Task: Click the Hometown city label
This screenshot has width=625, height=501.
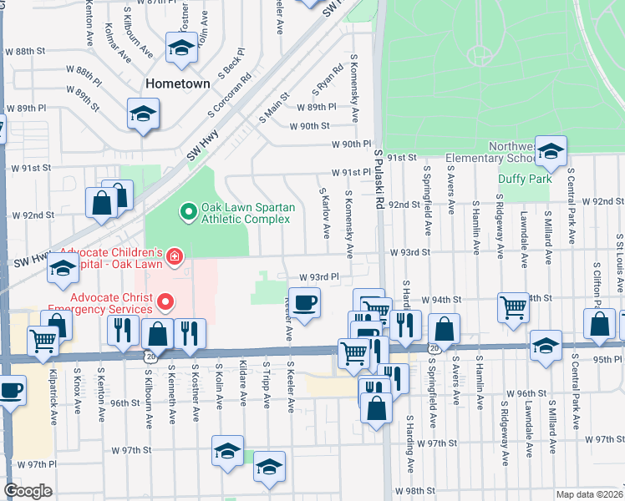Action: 177,84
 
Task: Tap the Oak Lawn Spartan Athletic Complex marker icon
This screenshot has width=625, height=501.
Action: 187,211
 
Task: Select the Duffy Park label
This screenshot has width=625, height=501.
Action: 525,179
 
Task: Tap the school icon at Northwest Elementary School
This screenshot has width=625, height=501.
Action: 551,151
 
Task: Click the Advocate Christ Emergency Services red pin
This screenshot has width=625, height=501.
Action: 165,301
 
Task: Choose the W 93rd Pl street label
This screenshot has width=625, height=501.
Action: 319,277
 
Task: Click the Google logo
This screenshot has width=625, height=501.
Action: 27,491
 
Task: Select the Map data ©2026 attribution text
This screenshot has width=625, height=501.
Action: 588,494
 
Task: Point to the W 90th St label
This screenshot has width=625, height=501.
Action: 310,126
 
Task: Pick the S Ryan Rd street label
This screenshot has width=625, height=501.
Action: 328,81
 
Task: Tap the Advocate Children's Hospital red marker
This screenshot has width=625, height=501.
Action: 174,256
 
